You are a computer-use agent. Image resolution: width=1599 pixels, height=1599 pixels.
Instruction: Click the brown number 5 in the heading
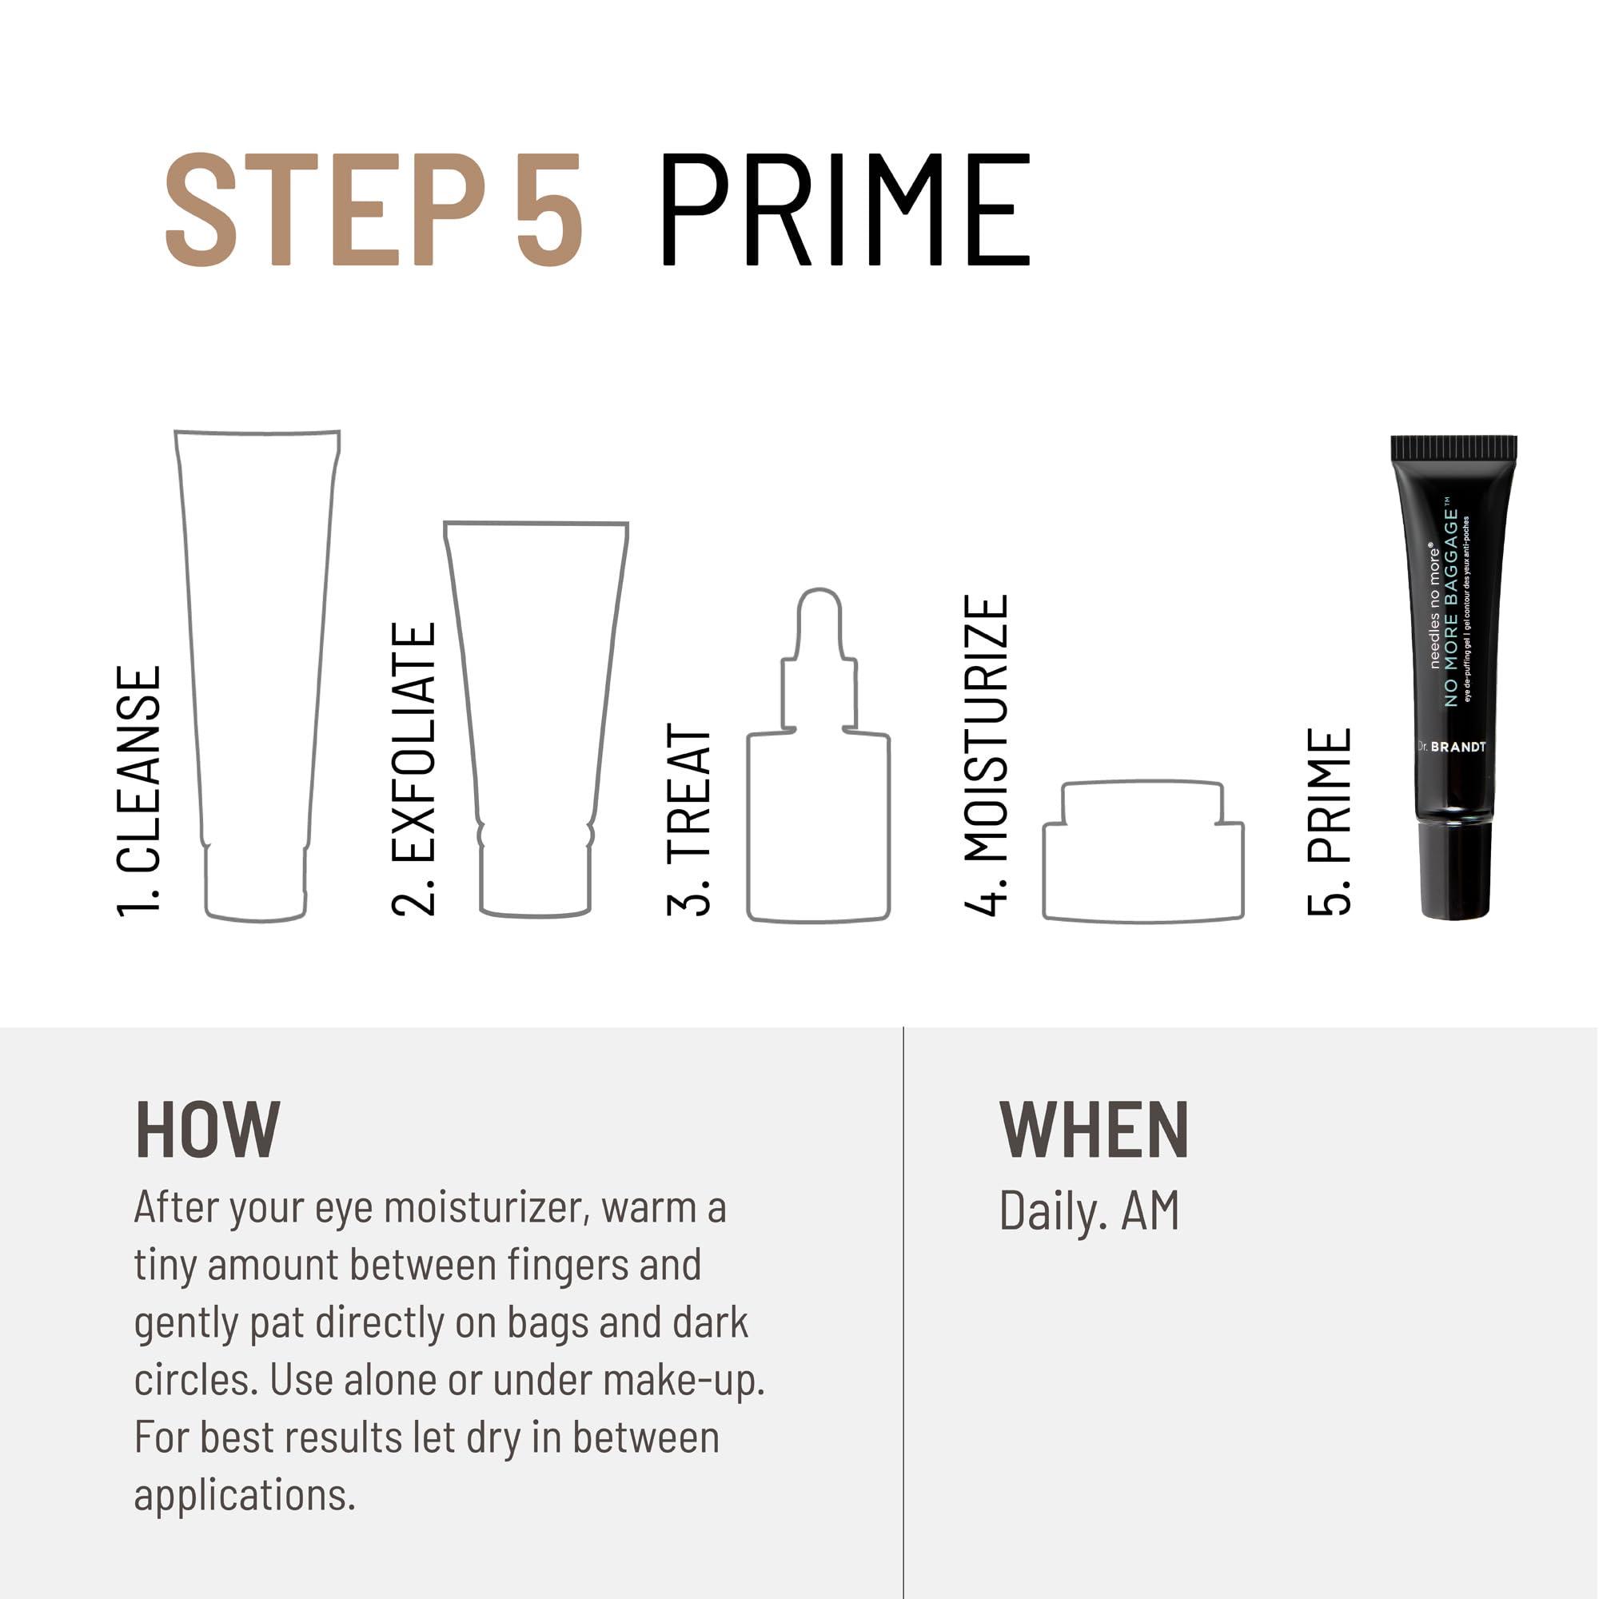click(549, 209)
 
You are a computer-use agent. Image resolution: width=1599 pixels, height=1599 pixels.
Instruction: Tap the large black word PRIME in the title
click(844, 209)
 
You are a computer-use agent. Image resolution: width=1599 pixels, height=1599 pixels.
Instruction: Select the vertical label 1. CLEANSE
click(139, 791)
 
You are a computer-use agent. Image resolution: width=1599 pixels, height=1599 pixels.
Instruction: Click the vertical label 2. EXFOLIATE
click(413, 770)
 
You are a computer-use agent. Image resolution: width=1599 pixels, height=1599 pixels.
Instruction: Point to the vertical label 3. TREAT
click(688, 819)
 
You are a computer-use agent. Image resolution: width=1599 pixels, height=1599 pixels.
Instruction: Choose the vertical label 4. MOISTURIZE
click(987, 755)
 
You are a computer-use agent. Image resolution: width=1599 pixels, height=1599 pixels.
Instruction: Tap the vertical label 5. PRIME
click(1330, 822)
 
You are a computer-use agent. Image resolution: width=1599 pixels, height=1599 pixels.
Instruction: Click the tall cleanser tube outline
click(257, 662)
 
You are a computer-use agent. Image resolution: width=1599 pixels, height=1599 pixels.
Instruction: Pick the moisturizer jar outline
click(1143, 852)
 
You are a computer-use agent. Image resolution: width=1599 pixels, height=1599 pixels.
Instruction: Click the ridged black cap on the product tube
click(1453, 448)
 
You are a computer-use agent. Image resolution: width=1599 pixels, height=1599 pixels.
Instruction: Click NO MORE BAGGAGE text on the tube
click(1451, 608)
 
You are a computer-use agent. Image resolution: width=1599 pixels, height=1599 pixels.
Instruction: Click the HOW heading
click(208, 1130)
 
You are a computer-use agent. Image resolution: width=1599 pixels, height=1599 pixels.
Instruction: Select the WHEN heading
click(1093, 1130)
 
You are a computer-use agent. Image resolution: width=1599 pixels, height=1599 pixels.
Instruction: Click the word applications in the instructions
click(244, 1496)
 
